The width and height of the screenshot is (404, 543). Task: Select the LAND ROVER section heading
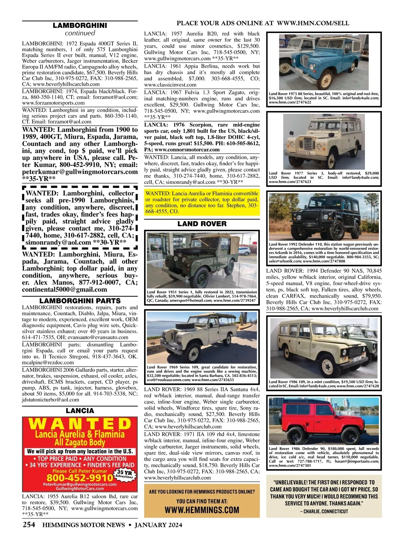[202, 224]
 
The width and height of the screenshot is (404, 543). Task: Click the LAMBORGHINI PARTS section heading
[80, 301]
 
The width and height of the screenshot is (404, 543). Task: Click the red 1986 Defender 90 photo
[324, 420]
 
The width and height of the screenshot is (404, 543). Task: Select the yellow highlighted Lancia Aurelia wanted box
[202, 203]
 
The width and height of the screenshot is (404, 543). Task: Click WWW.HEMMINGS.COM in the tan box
[202, 510]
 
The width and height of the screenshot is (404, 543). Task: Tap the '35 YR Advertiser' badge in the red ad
[124, 475]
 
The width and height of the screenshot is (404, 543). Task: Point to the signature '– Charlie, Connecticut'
[324, 511]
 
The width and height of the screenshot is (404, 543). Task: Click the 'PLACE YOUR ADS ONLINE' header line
[263, 23]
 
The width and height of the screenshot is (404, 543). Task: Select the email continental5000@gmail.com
[65, 290]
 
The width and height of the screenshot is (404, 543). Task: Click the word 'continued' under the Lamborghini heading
[80, 33]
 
